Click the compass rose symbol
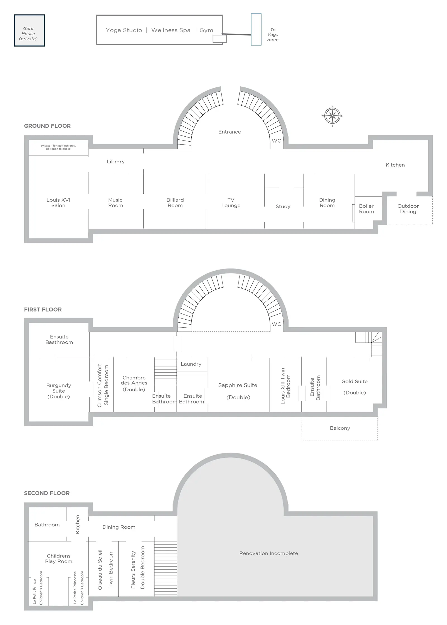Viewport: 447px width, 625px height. (x=332, y=116)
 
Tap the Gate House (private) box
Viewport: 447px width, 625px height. (x=29, y=30)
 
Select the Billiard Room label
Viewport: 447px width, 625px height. (x=175, y=203)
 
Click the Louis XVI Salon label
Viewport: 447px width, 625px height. (x=58, y=203)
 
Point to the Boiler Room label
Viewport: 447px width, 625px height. (x=366, y=209)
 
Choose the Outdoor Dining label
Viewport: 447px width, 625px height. (x=408, y=209)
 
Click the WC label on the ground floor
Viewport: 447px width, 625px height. (x=276, y=141)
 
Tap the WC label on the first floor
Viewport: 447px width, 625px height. (x=276, y=324)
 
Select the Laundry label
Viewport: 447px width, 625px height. (x=191, y=364)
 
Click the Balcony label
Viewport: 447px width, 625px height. (x=340, y=428)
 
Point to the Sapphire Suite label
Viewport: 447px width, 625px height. (x=238, y=391)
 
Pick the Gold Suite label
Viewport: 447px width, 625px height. (x=355, y=387)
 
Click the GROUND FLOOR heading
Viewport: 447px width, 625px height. (x=47, y=126)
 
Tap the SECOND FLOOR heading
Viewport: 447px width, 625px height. (x=47, y=493)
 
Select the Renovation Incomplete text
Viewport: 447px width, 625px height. (x=268, y=553)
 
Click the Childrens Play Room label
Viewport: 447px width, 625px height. (x=59, y=559)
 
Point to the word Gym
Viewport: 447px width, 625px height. (x=206, y=30)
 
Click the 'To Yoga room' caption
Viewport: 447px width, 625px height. (x=273, y=35)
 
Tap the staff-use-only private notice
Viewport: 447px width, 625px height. (x=58, y=147)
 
